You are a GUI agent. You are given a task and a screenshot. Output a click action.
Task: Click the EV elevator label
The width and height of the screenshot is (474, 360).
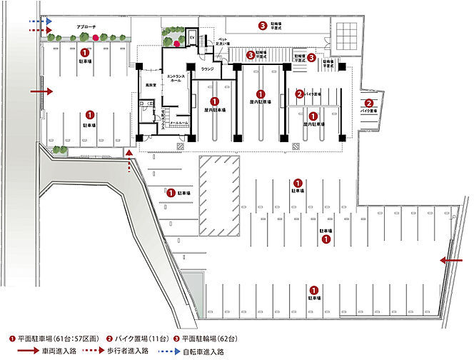(x=192, y=36)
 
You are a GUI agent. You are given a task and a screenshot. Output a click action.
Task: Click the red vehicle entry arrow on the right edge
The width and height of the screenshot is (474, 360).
(x=452, y=261)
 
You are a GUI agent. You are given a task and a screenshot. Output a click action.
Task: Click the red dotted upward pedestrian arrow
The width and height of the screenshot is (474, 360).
(x=128, y=160)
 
